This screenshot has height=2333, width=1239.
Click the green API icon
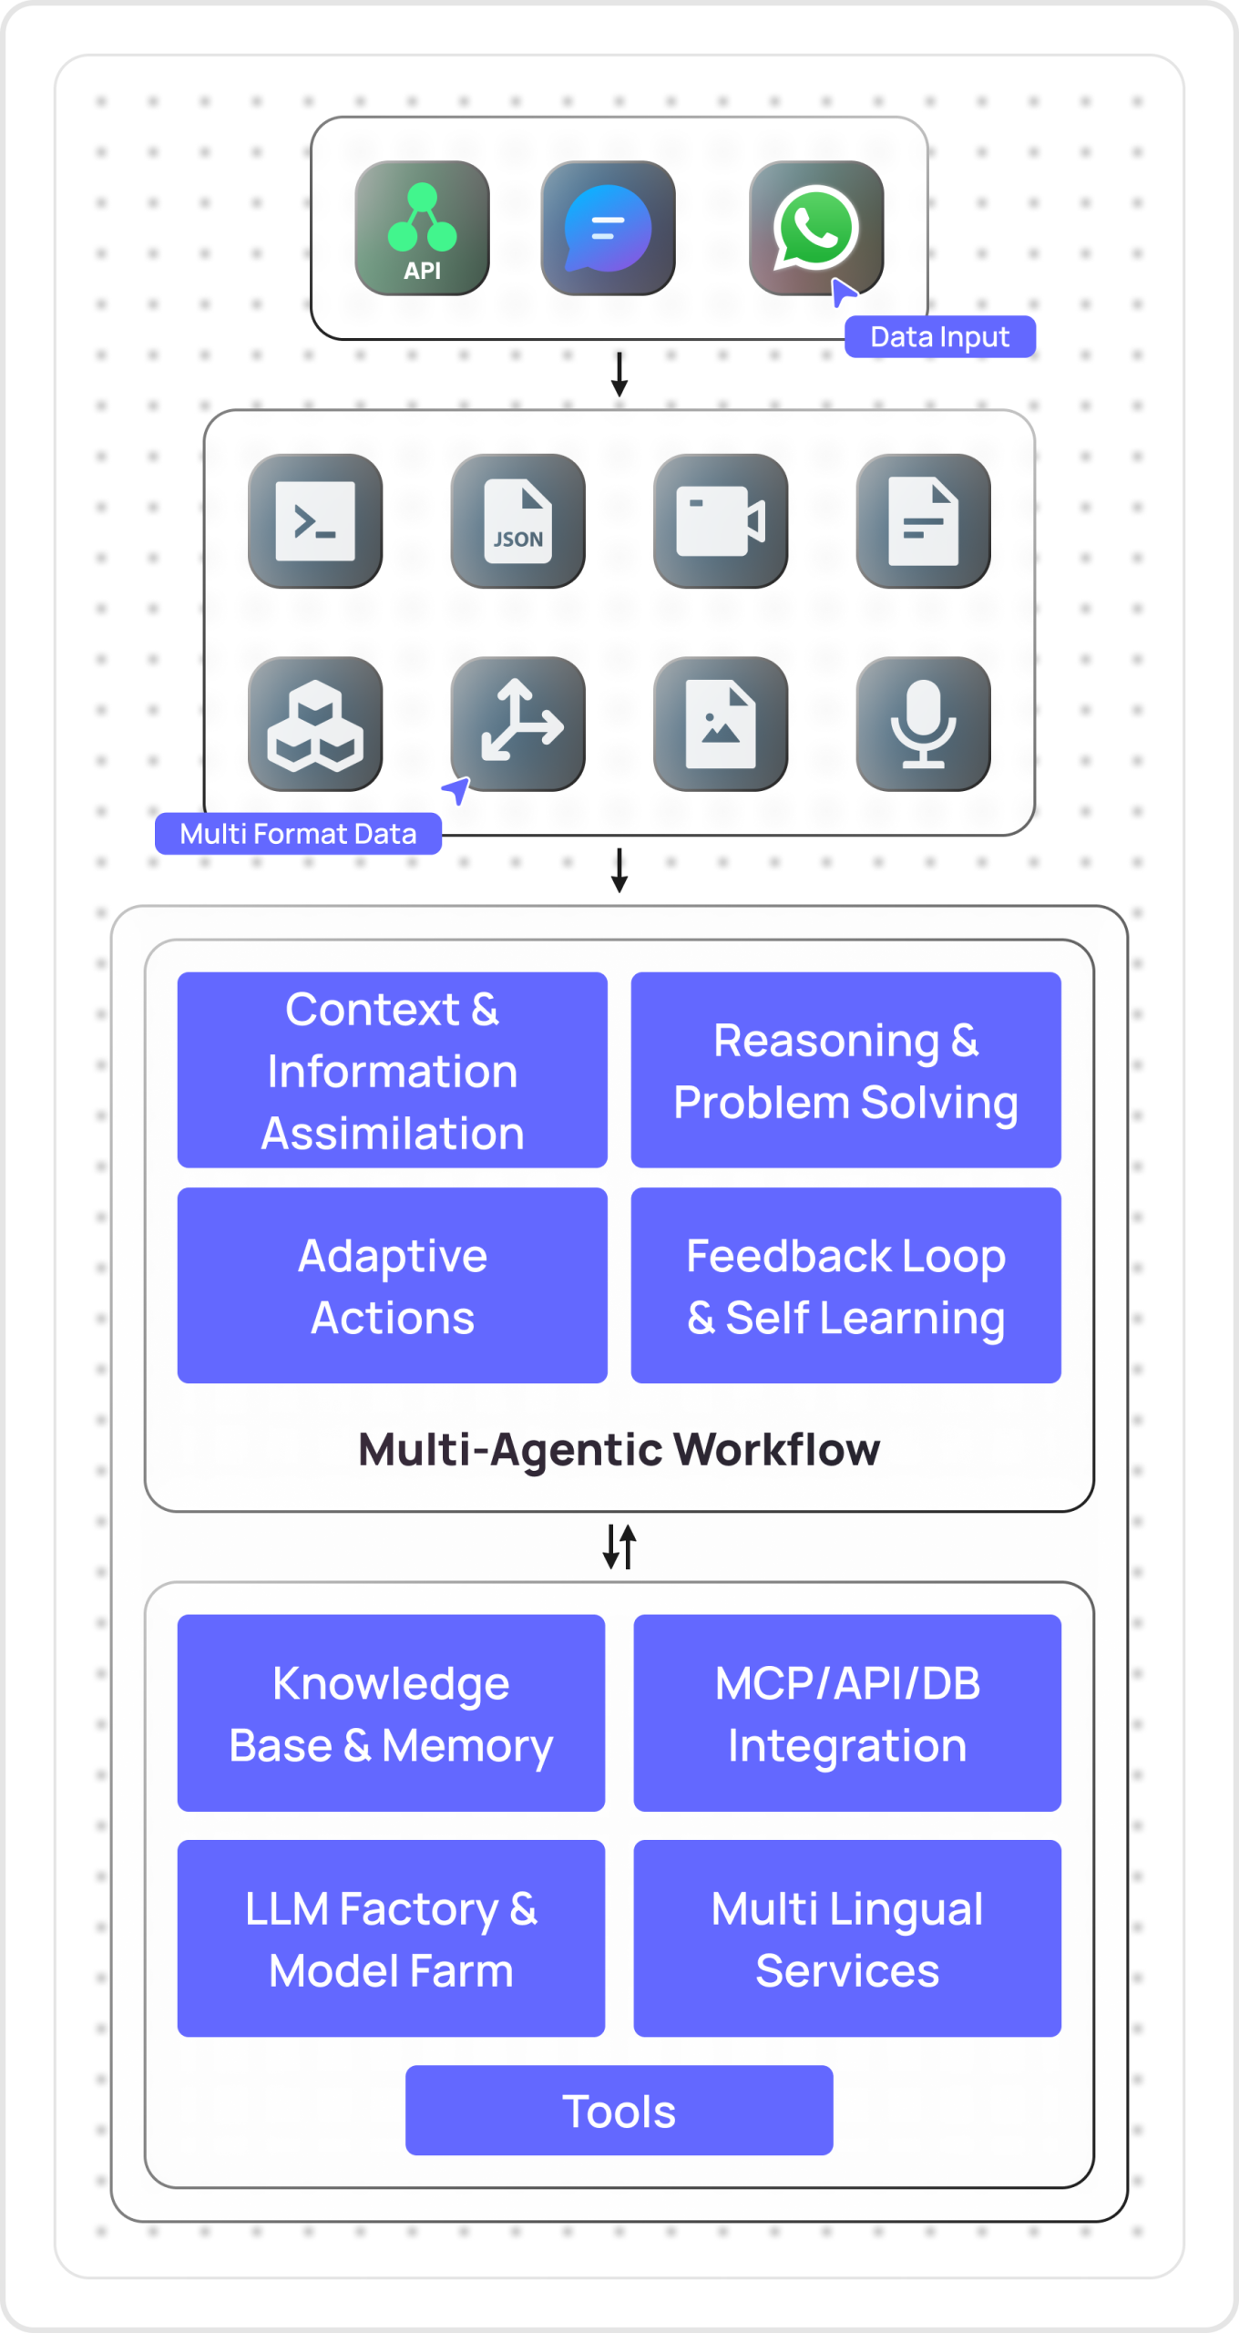(x=422, y=228)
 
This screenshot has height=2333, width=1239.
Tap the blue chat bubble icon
(x=608, y=228)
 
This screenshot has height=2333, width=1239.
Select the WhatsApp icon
(x=815, y=228)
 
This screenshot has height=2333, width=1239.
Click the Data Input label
(x=939, y=337)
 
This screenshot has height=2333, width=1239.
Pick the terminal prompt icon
(x=315, y=520)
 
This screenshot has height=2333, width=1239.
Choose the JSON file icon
(x=517, y=520)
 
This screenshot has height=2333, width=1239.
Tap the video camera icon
(x=721, y=520)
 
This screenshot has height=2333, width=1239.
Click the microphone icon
(x=923, y=724)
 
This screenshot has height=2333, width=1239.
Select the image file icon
(x=721, y=724)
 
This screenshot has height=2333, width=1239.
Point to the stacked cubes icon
(x=315, y=724)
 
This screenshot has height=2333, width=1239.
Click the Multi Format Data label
(x=298, y=834)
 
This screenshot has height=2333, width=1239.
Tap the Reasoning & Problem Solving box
(x=845, y=1070)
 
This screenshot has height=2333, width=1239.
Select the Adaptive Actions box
(x=392, y=1285)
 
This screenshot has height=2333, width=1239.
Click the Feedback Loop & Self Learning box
(x=845, y=1285)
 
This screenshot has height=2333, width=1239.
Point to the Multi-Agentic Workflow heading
(x=619, y=1449)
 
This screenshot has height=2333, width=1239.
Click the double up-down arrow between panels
(x=619, y=1547)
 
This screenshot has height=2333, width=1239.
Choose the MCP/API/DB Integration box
(x=847, y=1713)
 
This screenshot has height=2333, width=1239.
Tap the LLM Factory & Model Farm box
(x=391, y=1938)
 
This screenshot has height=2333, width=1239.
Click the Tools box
(x=619, y=2111)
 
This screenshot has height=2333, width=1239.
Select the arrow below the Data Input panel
(x=619, y=374)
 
